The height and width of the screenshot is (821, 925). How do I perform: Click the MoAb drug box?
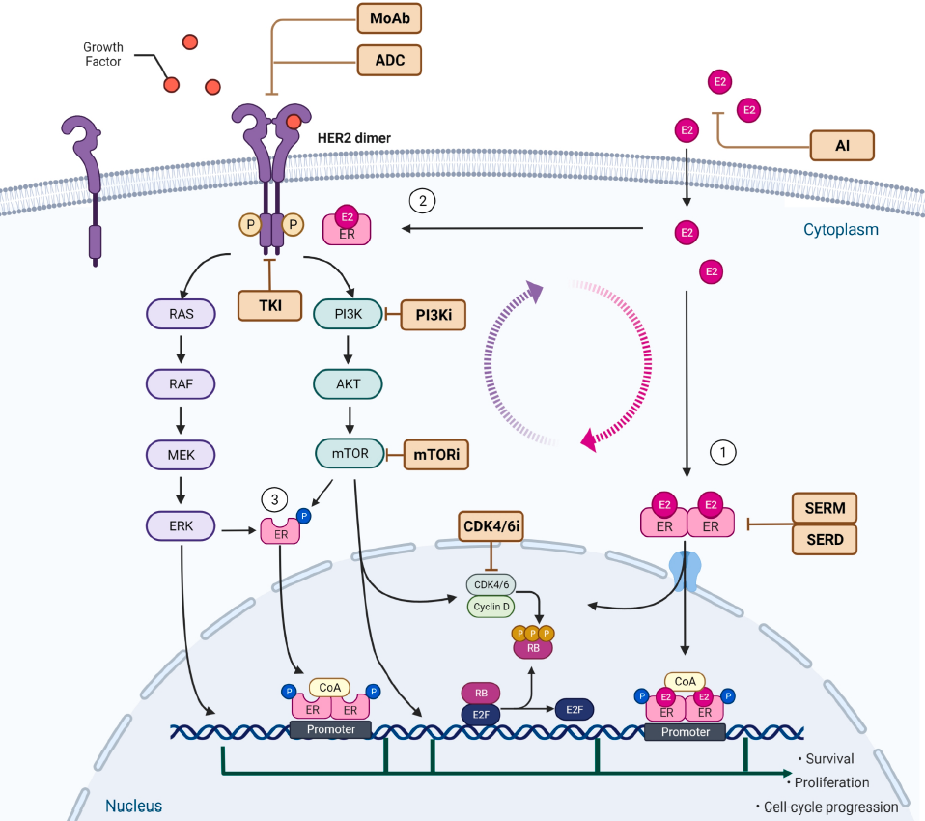click(390, 18)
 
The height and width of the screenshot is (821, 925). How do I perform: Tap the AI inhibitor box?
click(841, 145)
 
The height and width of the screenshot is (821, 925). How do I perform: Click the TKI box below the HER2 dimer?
click(269, 305)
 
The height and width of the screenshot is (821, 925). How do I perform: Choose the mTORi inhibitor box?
click(435, 453)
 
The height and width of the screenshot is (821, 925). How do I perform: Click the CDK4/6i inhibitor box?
click(492, 526)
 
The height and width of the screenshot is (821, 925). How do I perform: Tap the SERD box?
click(825, 540)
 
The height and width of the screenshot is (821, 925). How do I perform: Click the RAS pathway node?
click(181, 313)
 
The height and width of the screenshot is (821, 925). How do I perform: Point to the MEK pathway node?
click(181, 453)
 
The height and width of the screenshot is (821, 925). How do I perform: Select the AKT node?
click(349, 383)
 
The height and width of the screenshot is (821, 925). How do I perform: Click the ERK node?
click(181, 526)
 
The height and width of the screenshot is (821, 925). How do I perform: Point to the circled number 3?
click(274, 499)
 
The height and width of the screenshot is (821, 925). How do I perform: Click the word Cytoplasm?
click(840, 230)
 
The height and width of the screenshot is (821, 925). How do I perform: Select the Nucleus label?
click(133, 806)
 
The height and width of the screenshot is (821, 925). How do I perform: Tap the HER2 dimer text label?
click(354, 138)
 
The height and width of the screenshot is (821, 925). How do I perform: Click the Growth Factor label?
click(102, 54)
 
